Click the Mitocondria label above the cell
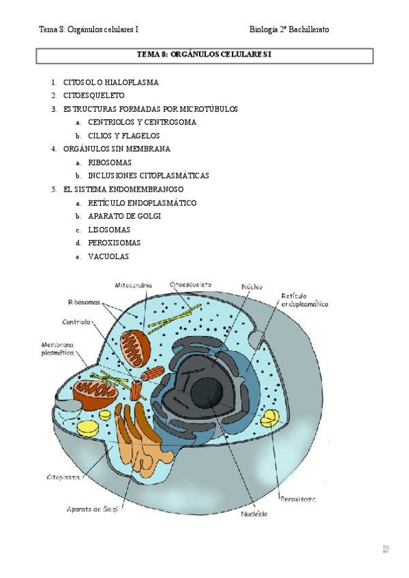134,285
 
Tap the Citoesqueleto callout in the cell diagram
190,284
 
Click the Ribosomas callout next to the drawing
84,302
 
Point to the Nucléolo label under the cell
254,514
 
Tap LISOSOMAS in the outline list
110,230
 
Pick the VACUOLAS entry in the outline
108,256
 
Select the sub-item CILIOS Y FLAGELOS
124,136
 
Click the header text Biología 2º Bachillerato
289,30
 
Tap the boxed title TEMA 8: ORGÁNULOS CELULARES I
204,55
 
